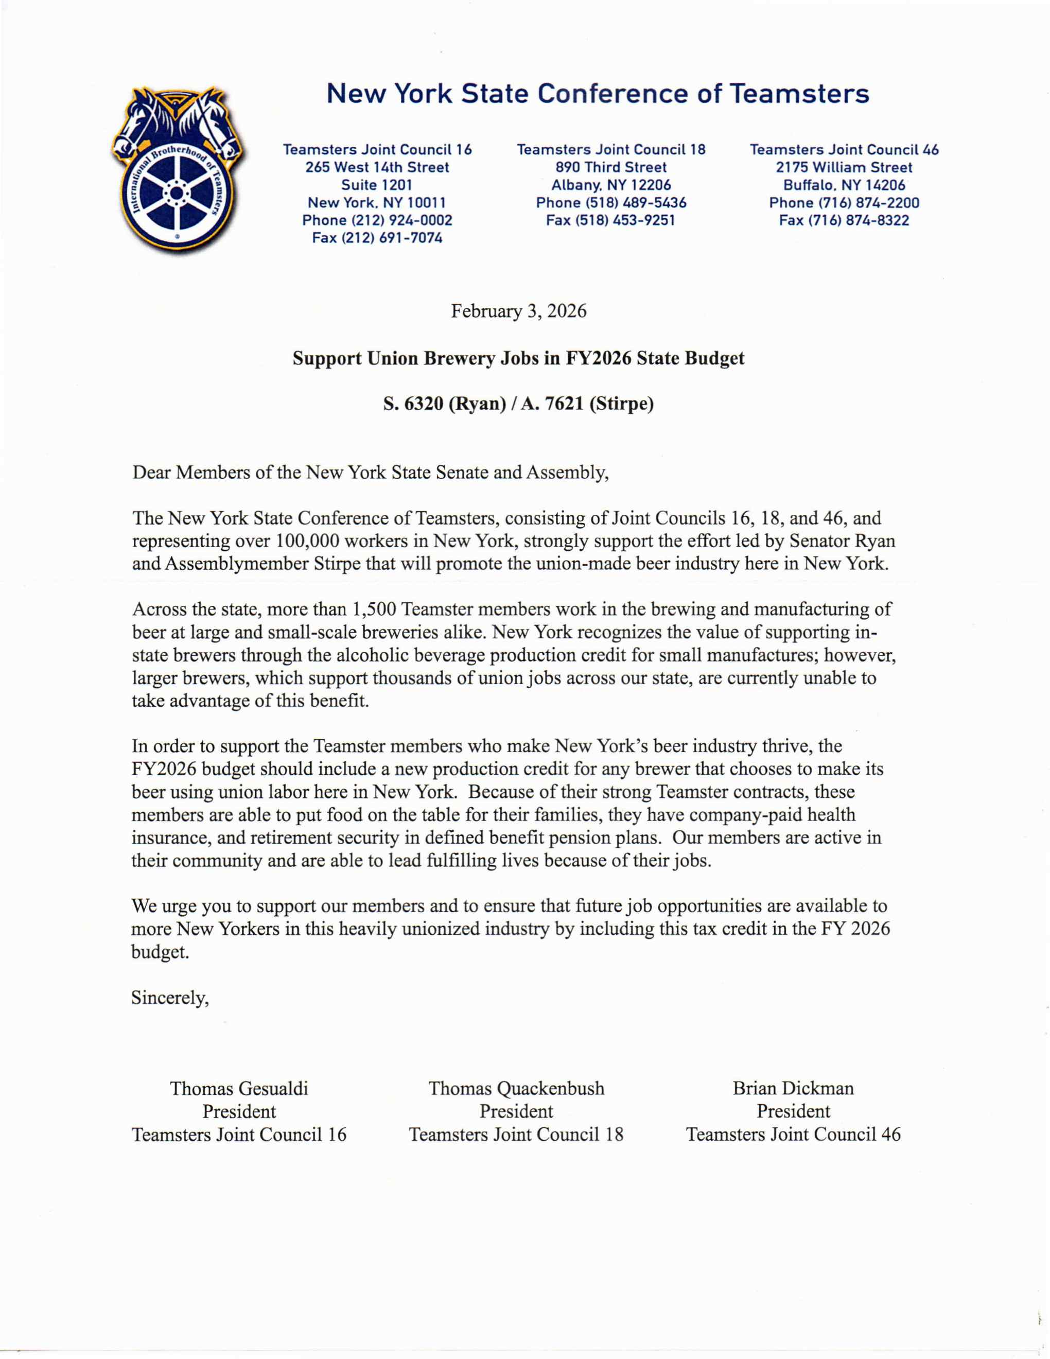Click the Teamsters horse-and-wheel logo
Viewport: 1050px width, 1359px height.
point(177,169)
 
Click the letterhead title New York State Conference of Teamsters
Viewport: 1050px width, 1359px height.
point(597,94)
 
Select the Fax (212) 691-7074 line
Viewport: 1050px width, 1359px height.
point(377,238)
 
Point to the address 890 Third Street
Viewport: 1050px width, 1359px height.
point(610,167)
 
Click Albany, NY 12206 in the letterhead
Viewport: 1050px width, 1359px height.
point(611,185)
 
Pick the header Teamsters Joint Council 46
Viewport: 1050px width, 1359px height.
point(844,150)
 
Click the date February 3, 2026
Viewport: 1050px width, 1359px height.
point(518,310)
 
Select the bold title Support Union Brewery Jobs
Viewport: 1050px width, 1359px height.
point(518,358)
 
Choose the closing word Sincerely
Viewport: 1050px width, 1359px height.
point(170,998)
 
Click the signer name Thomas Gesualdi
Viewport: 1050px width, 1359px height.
point(239,1088)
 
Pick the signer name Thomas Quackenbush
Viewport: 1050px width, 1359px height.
point(516,1088)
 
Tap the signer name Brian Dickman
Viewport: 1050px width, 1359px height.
point(793,1088)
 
